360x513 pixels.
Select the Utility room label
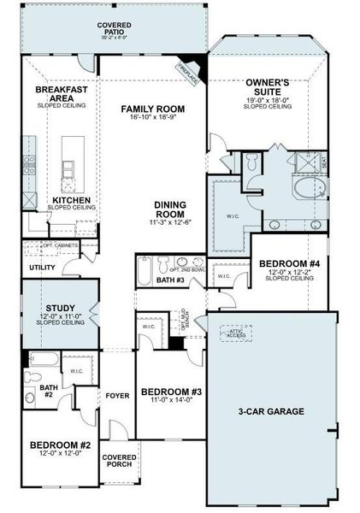(x=43, y=268)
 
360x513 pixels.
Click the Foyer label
(x=116, y=396)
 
